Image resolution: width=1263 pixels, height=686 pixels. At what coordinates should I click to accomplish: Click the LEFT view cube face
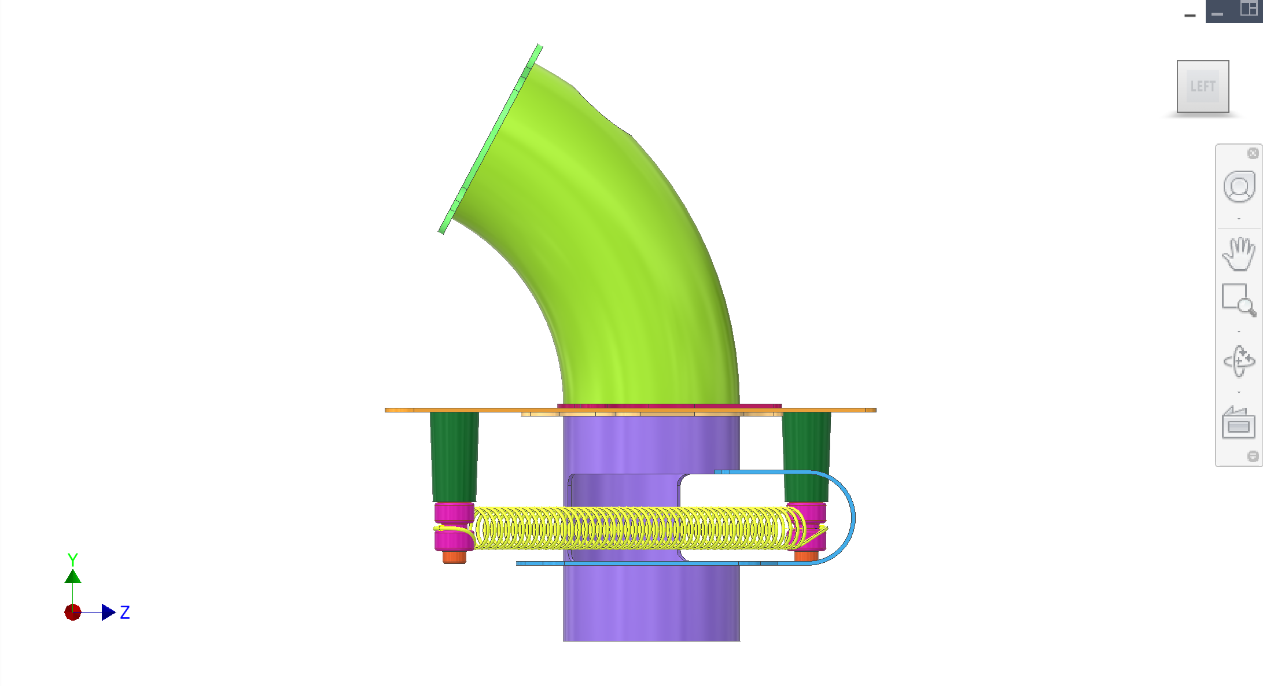pos(1202,86)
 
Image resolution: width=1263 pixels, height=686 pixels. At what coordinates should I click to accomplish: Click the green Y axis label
pos(72,559)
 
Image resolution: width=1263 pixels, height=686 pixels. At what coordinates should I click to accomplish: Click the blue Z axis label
pos(125,613)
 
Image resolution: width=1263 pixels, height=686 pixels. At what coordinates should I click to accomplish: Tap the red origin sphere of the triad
pos(72,612)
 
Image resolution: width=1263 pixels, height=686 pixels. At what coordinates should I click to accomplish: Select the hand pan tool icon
pos(1239,253)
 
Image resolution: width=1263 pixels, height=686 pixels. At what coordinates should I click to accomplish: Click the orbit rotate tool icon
pos(1239,362)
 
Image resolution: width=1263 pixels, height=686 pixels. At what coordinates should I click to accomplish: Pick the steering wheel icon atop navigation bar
pos(1239,187)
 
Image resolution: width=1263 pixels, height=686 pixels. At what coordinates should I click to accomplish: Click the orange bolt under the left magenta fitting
pos(454,557)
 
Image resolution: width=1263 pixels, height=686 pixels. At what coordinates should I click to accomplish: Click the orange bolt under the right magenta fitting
pos(806,556)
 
